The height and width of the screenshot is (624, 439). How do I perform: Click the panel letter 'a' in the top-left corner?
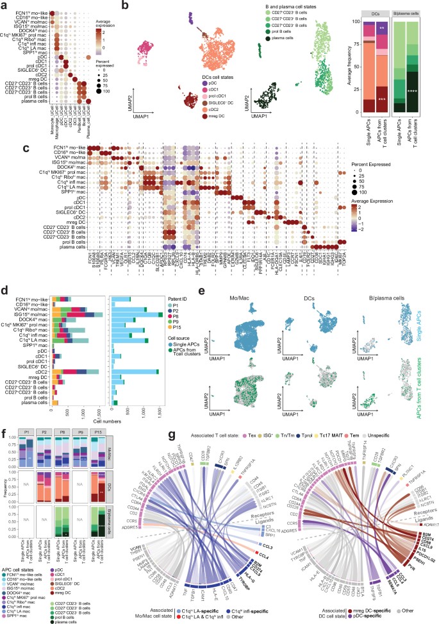click(x=4, y=4)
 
